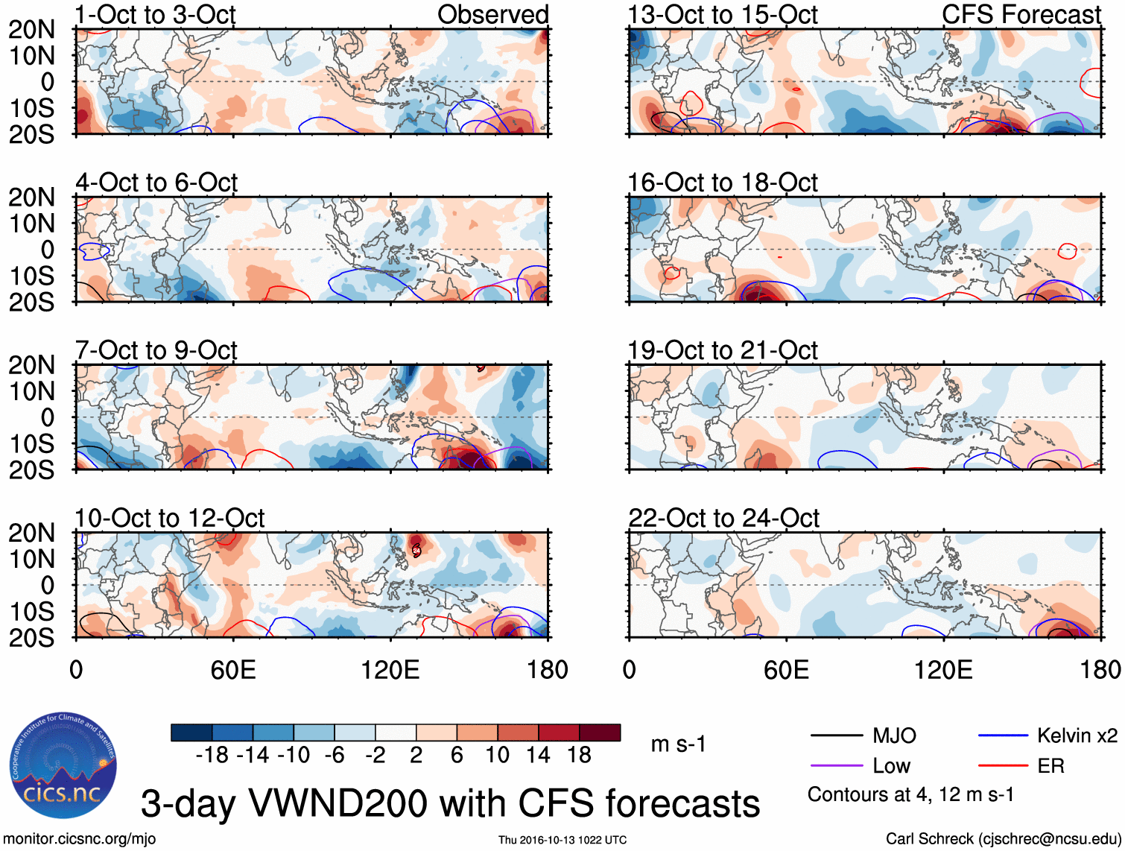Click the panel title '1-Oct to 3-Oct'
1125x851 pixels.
(155, 14)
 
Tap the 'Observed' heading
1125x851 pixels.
(492, 14)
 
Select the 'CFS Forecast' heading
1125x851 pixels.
(1021, 14)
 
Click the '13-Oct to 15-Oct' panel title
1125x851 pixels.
(722, 14)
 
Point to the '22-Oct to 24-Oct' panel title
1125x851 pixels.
(723, 518)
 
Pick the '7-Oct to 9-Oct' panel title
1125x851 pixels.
(156, 350)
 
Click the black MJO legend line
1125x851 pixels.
(836, 736)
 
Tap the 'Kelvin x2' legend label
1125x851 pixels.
(1077, 736)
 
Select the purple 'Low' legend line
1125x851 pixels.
(836, 766)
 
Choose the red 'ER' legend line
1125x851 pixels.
(1003, 766)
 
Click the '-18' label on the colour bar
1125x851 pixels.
(212, 756)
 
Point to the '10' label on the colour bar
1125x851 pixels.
(497, 756)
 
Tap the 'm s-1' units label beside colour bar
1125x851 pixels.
(678, 744)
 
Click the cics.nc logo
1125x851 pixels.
(63, 765)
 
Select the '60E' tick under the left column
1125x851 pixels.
(233, 670)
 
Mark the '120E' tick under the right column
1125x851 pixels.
(943, 670)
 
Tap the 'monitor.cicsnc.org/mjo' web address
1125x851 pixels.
(80, 839)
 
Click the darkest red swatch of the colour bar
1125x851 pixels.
(600, 733)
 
